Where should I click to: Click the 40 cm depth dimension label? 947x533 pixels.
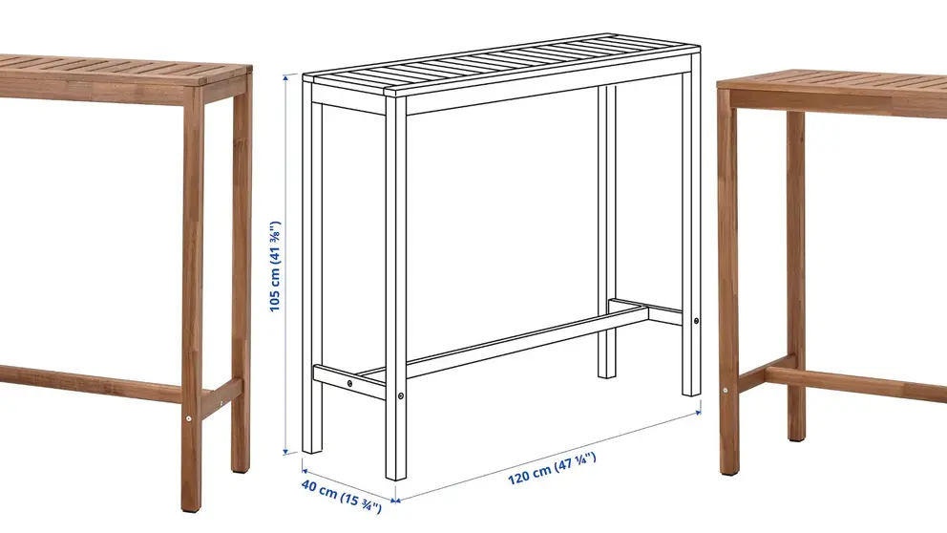point(342,496)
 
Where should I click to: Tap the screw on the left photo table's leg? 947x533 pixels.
point(189,417)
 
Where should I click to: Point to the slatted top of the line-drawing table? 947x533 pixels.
point(506,65)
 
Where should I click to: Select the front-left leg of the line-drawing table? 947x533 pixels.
point(395,287)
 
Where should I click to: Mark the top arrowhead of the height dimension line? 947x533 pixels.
point(285,79)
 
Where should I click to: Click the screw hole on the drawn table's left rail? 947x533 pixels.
point(350,381)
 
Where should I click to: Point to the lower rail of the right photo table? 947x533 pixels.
point(859,382)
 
